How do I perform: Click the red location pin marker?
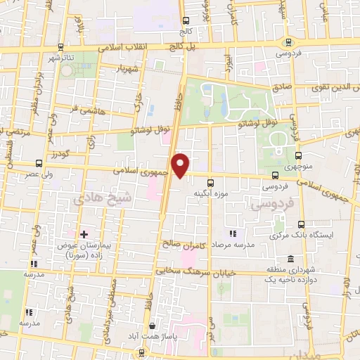(x=181, y=165)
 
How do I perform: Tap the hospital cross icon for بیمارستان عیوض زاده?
(x=84, y=233)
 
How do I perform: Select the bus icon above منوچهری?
(x=299, y=156)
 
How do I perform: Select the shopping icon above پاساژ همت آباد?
(x=153, y=326)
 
